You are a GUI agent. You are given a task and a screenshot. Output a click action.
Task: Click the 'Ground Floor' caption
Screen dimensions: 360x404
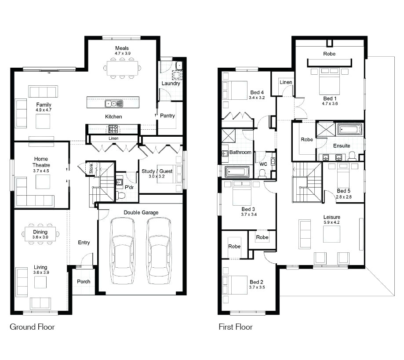tap(32, 327)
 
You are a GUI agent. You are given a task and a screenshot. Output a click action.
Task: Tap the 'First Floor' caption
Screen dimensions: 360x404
tap(236, 327)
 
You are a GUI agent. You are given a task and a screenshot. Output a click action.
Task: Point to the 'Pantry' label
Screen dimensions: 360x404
tap(167, 116)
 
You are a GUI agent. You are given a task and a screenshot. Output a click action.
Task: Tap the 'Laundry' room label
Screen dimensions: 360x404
tap(171, 84)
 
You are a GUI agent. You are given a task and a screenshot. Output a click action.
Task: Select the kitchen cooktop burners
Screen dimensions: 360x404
tap(113, 129)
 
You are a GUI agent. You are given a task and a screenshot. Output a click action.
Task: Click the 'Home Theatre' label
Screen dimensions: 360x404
tap(40, 162)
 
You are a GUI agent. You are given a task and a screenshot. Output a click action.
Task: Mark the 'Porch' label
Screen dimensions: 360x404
tap(84, 282)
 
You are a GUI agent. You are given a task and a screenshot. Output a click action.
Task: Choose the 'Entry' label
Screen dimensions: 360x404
tap(84, 243)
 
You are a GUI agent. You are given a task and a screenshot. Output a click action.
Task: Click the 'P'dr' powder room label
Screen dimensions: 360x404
tap(129, 187)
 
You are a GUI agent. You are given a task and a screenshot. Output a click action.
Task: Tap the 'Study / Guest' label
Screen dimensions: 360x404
tap(157, 171)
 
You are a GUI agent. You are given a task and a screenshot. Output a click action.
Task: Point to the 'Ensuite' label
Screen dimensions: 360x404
tap(342, 145)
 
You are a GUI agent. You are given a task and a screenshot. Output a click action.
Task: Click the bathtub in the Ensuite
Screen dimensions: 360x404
tap(349, 130)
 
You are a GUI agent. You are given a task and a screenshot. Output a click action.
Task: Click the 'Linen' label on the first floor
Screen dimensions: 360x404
tap(286, 82)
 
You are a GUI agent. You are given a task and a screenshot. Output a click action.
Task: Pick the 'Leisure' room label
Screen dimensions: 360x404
tap(332, 217)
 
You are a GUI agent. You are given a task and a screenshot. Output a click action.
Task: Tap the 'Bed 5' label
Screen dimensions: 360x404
tap(344, 191)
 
